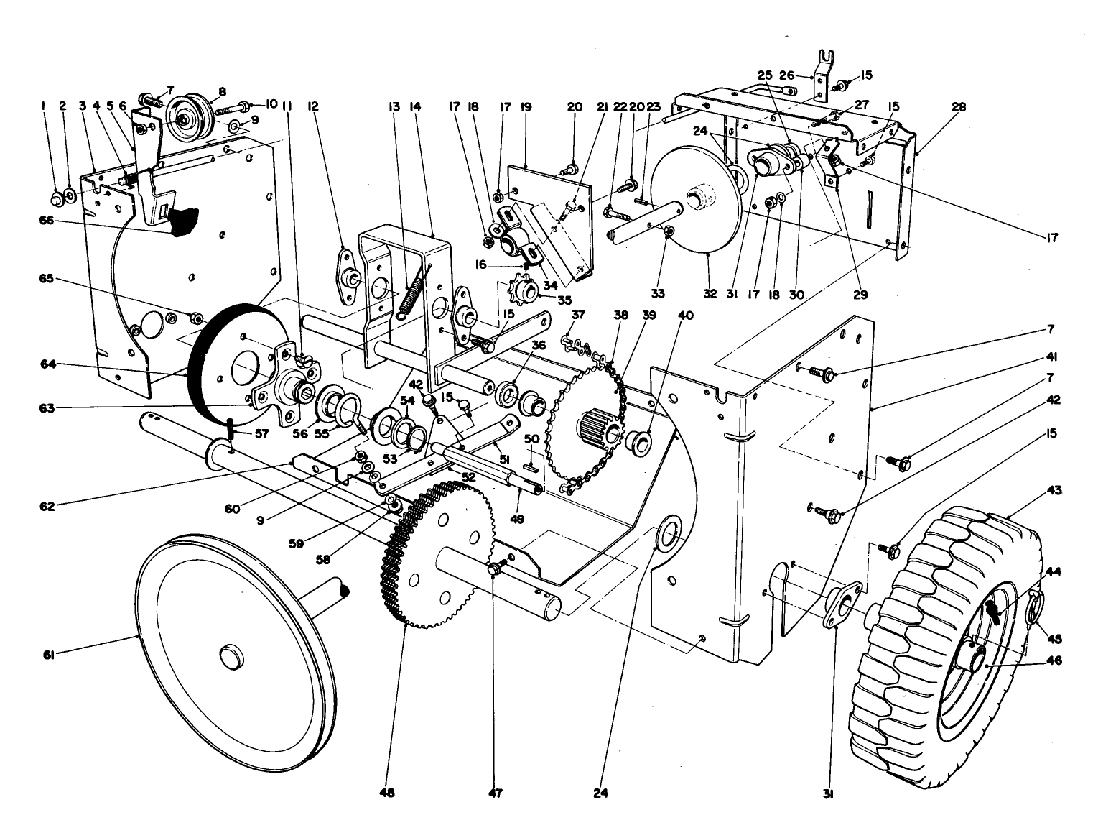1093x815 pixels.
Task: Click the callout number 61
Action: (x=53, y=653)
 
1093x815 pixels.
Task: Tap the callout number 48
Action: (x=388, y=793)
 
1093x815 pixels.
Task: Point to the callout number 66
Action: (x=53, y=221)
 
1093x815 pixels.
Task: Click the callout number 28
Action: (x=959, y=108)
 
